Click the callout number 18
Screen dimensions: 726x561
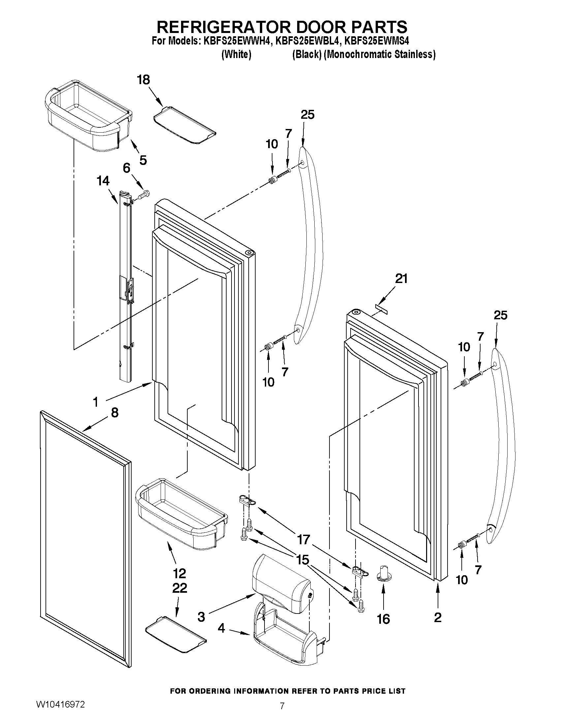(143, 80)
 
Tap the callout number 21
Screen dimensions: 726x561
(401, 279)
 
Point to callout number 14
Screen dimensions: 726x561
(103, 181)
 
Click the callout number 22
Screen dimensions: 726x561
(179, 588)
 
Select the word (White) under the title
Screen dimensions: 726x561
(236, 54)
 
